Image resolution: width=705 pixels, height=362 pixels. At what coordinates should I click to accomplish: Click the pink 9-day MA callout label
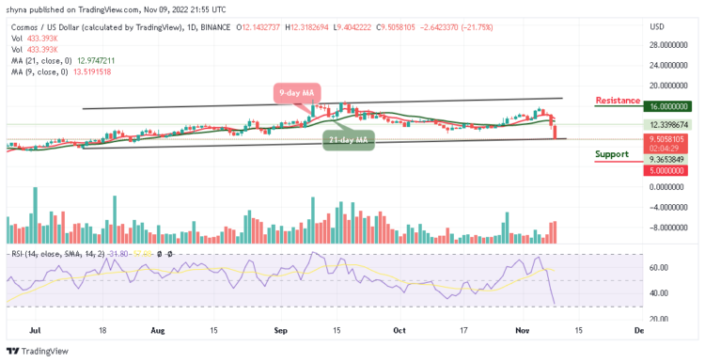(x=297, y=93)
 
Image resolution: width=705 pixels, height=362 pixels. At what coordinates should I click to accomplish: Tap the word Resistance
(x=619, y=100)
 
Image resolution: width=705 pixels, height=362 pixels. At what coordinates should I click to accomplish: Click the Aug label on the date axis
(x=157, y=331)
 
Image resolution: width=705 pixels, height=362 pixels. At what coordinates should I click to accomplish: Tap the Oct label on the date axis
(x=400, y=331)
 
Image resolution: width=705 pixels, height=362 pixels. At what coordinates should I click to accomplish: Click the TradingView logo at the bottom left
(x=38, y=352)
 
